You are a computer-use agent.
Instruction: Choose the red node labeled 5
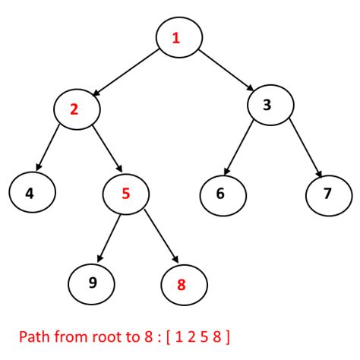(x=125, y=193)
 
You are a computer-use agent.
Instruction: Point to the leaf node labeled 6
(x=220, y=193)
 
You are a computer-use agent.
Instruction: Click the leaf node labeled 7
(x=327, y=193)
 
